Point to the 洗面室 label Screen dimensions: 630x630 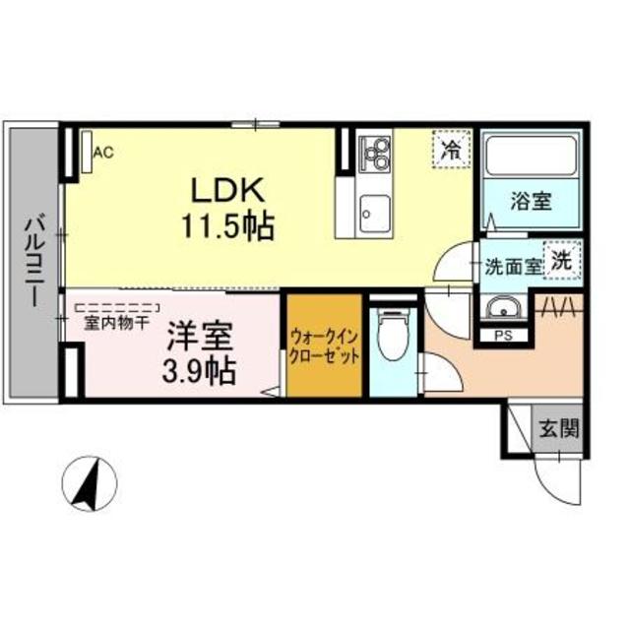coord(513,266)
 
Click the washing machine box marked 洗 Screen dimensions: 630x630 coord(562,262)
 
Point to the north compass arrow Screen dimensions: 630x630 coord(89,483)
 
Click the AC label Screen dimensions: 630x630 coord(103,153)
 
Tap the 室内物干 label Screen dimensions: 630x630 coord(116,322)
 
